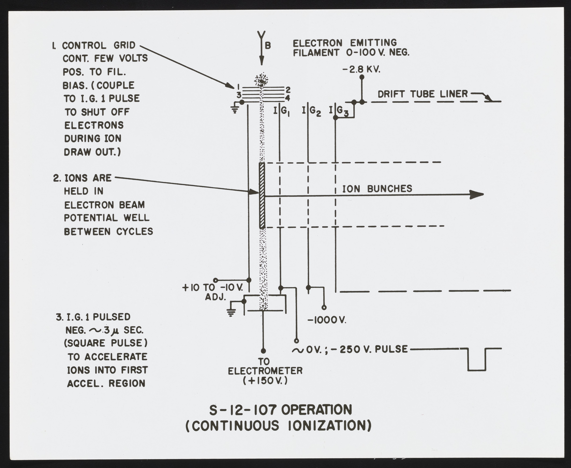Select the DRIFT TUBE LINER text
coord(422,94)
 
